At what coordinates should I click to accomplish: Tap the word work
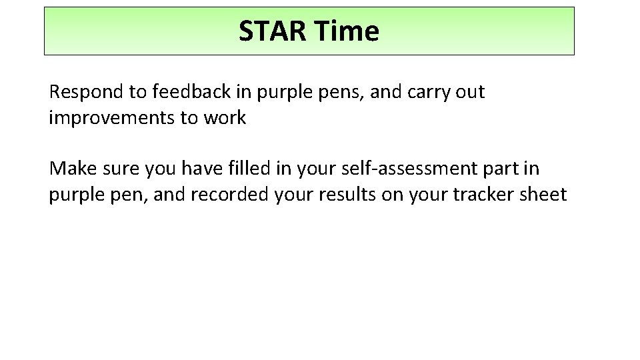pos(227,119)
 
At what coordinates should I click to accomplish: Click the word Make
pos(69,169)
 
